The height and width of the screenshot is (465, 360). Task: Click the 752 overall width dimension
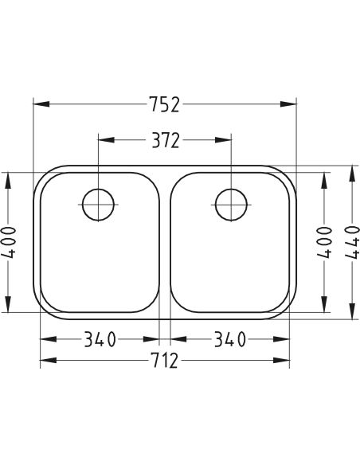(165, 104)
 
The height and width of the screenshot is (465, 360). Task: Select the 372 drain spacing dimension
(166, 140)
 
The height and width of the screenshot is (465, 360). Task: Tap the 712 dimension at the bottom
(165, 361)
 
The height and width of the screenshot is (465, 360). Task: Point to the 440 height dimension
(352, 242)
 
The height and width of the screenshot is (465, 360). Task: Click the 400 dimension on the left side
(8, 242)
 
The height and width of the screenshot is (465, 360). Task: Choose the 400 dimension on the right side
(324, 242)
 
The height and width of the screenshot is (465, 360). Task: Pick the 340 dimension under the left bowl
(100, 339)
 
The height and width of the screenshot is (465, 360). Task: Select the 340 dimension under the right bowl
(230, 339)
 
